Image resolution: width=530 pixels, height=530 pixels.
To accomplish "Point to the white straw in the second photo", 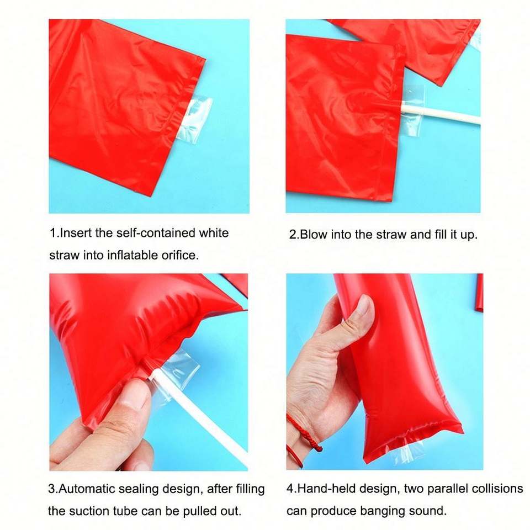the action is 439,115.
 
